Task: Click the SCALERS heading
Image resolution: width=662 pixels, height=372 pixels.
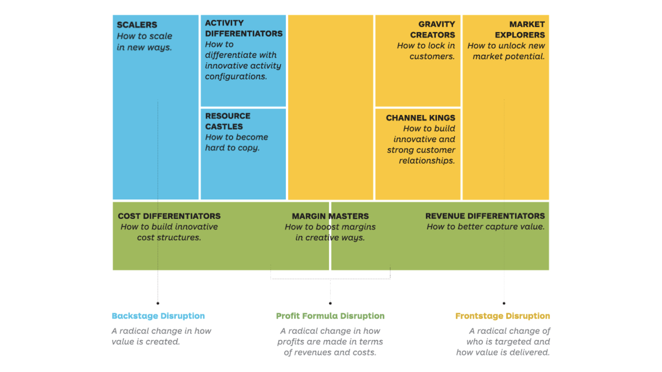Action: click(x=137, y=25)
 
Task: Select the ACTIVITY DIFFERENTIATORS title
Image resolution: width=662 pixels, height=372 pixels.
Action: click(x=243, y=28)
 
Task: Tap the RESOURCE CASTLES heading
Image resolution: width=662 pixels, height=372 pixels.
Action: click(x=228, y=121)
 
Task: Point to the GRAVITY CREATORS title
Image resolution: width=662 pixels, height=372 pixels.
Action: click(x=432, y=30)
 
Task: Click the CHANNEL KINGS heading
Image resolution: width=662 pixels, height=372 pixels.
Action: click(x=420, y=118)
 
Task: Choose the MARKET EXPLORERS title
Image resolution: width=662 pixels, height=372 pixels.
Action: click(x=520, y=30)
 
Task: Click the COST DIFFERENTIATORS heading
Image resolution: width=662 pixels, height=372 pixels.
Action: click(x=169, y=216)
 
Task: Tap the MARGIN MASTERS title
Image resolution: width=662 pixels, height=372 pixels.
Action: click(x=330, y=216)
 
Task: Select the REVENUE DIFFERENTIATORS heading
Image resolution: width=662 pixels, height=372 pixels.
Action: click(x=485, y=216)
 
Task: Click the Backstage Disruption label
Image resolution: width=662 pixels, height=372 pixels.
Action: click(x=158, y=316)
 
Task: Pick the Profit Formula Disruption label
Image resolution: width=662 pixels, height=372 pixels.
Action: click(x=330, y=316)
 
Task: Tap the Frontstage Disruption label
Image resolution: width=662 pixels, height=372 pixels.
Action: click(x=502, y=316)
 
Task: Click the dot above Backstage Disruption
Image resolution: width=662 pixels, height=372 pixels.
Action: click(x=158, y=303)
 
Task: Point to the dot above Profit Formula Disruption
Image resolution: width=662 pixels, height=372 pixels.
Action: click(x=330, y=303)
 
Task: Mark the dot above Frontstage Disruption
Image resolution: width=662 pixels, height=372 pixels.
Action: click(x=504, y=303)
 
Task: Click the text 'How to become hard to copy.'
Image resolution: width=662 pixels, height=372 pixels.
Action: click(x=236, y=142)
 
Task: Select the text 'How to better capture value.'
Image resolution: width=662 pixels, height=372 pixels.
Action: click(x=485, y=227)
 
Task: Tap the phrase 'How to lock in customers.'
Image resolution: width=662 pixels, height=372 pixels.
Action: click(x=426, y=51)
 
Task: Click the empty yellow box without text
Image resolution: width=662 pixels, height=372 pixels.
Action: click(x=330, y=107)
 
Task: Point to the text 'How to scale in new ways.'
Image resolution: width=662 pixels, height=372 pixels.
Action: click(x=144, y=41)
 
